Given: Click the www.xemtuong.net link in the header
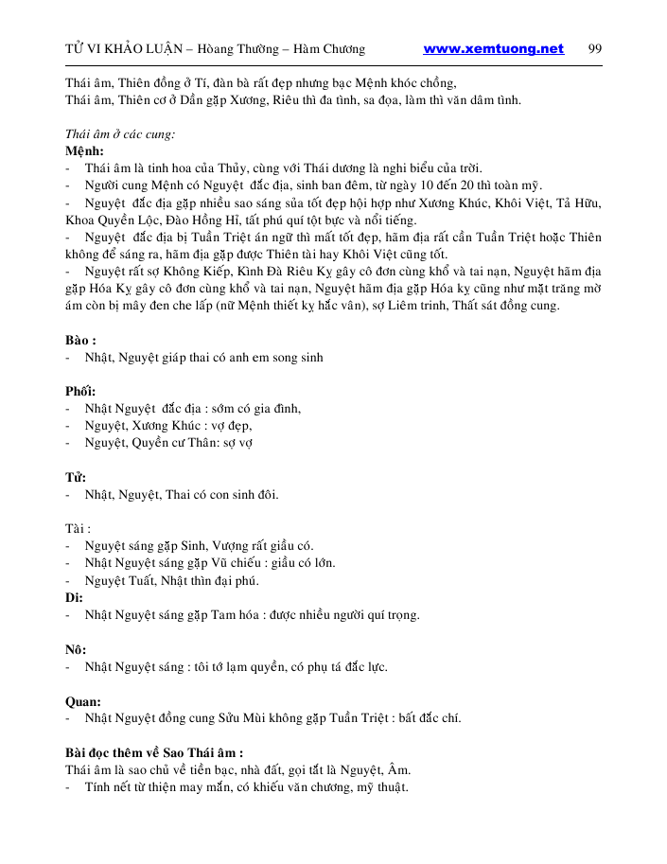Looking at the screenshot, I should click(493, 49).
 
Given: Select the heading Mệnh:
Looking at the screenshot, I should click(85, 152).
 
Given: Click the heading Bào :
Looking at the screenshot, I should click(80, 340).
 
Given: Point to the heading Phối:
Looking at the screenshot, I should click(80, 391).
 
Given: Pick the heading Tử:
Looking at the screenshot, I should click(76, 476).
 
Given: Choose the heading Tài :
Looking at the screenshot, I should click(79, 528).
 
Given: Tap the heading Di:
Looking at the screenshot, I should click(74, 597).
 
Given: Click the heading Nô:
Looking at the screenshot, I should click(76, 649).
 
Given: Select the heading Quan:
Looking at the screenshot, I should click(83, 701).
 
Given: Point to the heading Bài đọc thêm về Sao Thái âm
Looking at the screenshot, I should click(154, 752).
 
